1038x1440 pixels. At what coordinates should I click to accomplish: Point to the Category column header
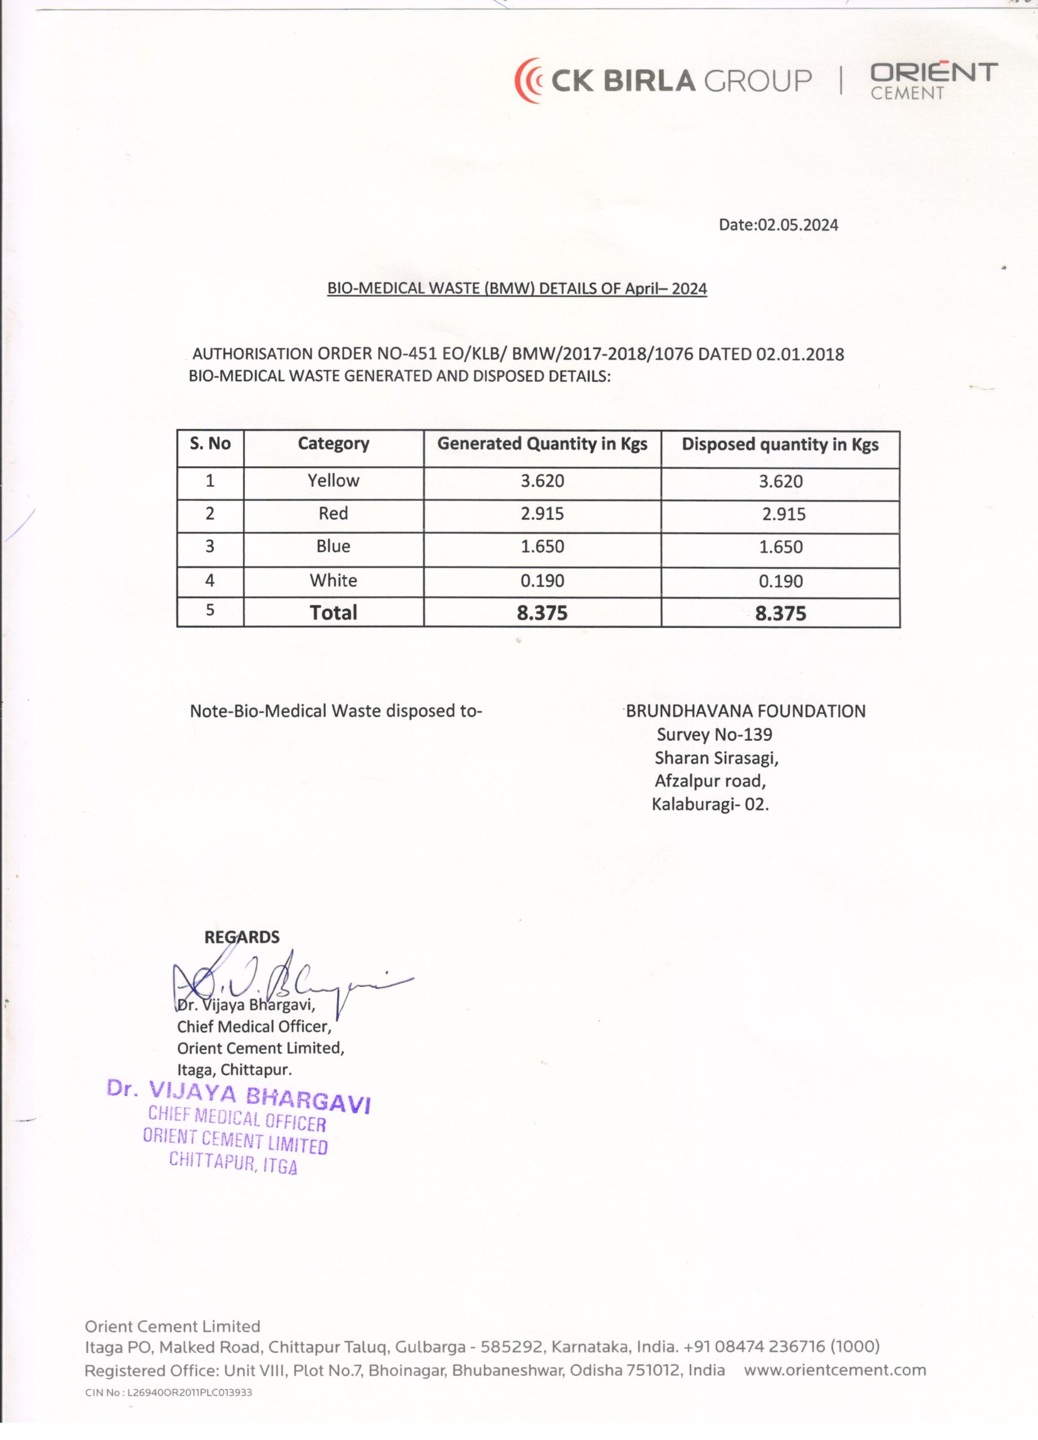[x=333, y=443]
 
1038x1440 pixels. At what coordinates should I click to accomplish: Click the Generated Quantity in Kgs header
[x=542, y=444]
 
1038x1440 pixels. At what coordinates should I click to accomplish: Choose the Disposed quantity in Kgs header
[x=780, y=444]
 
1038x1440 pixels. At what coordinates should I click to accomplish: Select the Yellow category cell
[x=333, y=480]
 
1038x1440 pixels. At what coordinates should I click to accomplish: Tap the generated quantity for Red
[x=542, y=514]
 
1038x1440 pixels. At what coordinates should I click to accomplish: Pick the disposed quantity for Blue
[x=780, y=547]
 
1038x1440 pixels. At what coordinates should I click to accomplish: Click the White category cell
[x=333, y=580]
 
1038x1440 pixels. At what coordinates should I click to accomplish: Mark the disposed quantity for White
[x=780, y=581]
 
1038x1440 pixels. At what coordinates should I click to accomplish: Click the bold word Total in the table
[x=333, y=613]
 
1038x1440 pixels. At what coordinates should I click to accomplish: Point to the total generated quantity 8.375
[x=542, y=613]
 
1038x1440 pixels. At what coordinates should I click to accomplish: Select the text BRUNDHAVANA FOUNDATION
[x=745, y=711]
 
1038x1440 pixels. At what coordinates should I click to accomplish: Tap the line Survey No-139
[x=714, y=735]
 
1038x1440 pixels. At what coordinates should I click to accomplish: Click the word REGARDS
[x=241, y=937]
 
